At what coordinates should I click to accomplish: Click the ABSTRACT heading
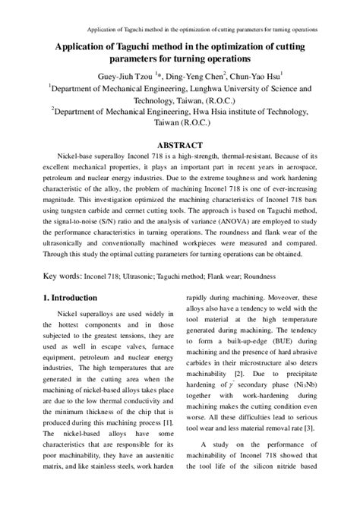(x=179, y=144)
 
